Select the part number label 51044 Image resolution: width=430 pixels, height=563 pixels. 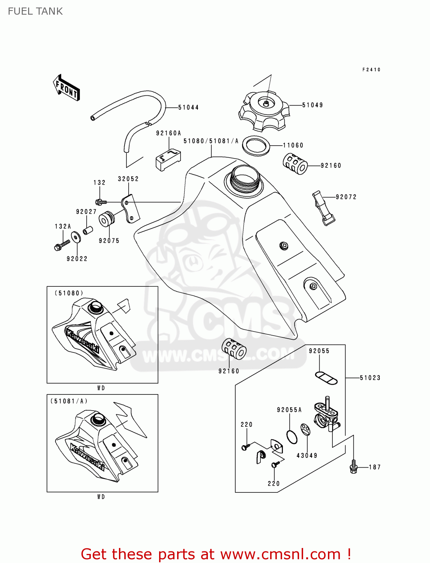coord(188,108)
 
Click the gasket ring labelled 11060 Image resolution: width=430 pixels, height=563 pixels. coord(256,146)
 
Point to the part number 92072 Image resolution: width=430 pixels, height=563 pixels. coord(346,197)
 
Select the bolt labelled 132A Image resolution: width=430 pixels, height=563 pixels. coord(62,245)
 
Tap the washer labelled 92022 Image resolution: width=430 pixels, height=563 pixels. coord(75,237)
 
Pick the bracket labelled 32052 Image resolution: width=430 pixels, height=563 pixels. coord(130,208)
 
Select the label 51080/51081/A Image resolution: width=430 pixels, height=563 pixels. coord(211,141)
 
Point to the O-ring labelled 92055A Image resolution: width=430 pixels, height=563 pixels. coord(292,437)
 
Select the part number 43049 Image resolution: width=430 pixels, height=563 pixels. coord(307,456)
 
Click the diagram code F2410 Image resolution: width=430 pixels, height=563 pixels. coord(371,70)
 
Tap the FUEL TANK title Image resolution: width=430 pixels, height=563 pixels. coord(35,11)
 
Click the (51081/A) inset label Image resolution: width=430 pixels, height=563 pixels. coord(69,401)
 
